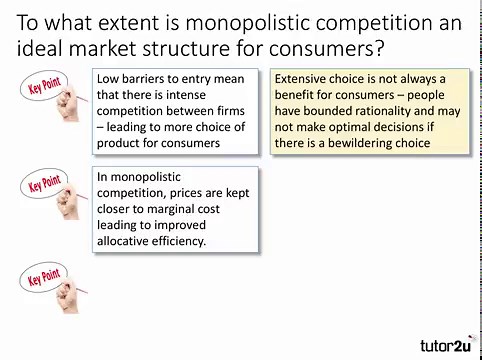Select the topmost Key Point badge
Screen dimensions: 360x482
pyautogui.click(x=44, y=87)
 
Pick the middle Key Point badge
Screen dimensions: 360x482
pyautogui.click(x=44, y=185)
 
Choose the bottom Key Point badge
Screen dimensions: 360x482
pyautogui.click(x=44, y=276)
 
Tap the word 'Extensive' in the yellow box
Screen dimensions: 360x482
pyautogui.click(x=305, y=79)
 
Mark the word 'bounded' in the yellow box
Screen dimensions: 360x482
pyautogui.click(x=335, y=111)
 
